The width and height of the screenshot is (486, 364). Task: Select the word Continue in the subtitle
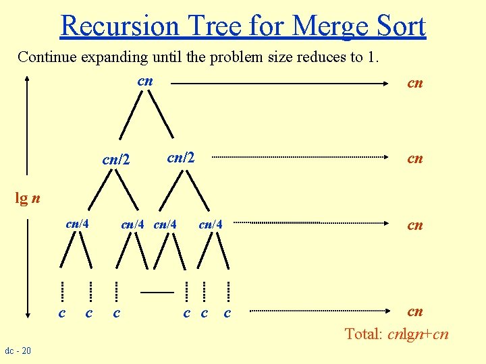48,57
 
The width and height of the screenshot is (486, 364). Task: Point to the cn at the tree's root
145,82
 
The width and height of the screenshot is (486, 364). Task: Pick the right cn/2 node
180,158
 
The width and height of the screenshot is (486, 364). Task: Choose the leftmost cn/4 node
78,224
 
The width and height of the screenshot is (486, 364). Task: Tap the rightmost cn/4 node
210,224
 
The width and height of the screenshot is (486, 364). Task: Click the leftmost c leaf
62,313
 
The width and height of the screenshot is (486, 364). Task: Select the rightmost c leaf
227,313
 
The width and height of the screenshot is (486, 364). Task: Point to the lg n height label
28,198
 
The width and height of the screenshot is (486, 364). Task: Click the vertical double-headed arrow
27,195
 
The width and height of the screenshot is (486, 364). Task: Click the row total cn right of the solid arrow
414,83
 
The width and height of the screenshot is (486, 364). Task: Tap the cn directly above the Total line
414,311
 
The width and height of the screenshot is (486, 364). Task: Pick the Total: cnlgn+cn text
396,334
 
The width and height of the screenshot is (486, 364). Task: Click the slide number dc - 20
17,351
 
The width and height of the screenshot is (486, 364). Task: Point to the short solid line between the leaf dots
157,292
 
